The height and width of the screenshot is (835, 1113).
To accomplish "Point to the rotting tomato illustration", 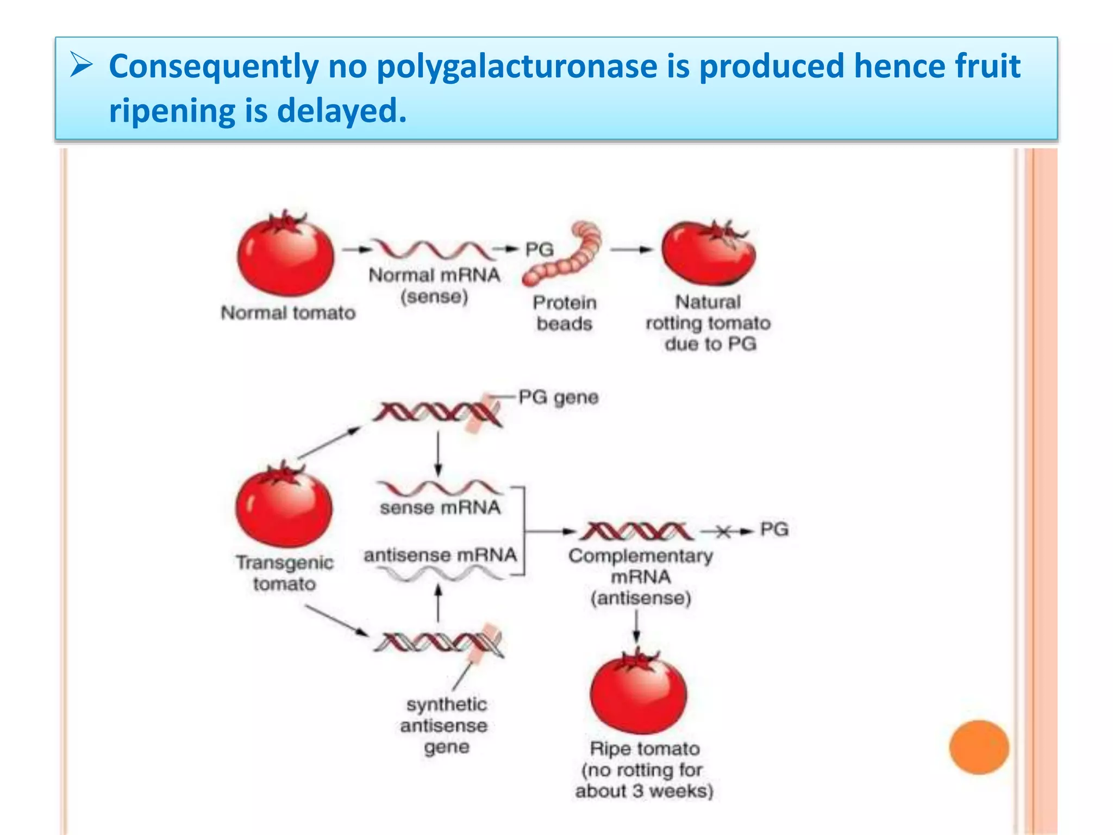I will pyautogui.click(x=709, y=253).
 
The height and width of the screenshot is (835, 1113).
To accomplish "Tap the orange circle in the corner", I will pyautogui.click(x=979, y=747).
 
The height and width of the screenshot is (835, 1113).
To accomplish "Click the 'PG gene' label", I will pyautogui.click(x=558, y=397).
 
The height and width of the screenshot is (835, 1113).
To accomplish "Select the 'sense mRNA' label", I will pyautogui.click(x=440, y=508).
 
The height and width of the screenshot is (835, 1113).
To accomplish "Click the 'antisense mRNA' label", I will pyautogui.click(x=440, y=555).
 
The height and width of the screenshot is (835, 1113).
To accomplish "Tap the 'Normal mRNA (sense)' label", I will pyautogui.click(x=434, y=285).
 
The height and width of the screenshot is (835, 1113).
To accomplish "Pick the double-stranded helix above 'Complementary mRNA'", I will pyautogui.click(x=636, y=531).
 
